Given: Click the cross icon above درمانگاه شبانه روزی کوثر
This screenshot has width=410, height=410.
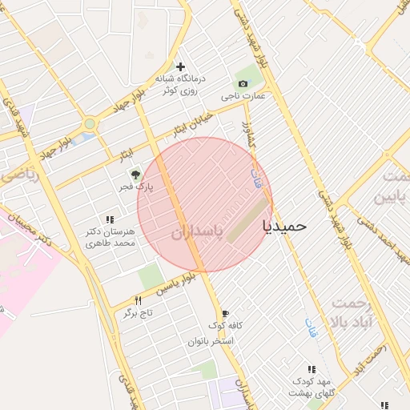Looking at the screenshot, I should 181,66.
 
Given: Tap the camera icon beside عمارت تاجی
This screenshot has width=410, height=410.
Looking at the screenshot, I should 242,83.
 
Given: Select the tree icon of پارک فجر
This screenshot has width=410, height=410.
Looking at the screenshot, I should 135,174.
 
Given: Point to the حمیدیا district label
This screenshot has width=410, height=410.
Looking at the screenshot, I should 285,226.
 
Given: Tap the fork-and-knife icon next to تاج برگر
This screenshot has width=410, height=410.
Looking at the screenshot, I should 139,300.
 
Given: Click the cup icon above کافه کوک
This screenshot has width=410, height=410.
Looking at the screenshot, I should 225,313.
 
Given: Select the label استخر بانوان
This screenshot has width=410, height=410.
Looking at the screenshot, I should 211,341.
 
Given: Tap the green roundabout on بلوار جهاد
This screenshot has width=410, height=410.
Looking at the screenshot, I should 89,124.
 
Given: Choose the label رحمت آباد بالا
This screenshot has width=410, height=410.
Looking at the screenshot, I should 356,312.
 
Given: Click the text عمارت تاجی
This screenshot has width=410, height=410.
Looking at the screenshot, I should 247,96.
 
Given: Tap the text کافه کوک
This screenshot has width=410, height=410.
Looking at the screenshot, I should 225,326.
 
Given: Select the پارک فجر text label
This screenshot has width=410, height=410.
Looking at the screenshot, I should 135,187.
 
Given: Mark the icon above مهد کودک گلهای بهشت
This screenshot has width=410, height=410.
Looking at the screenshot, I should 312,369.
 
